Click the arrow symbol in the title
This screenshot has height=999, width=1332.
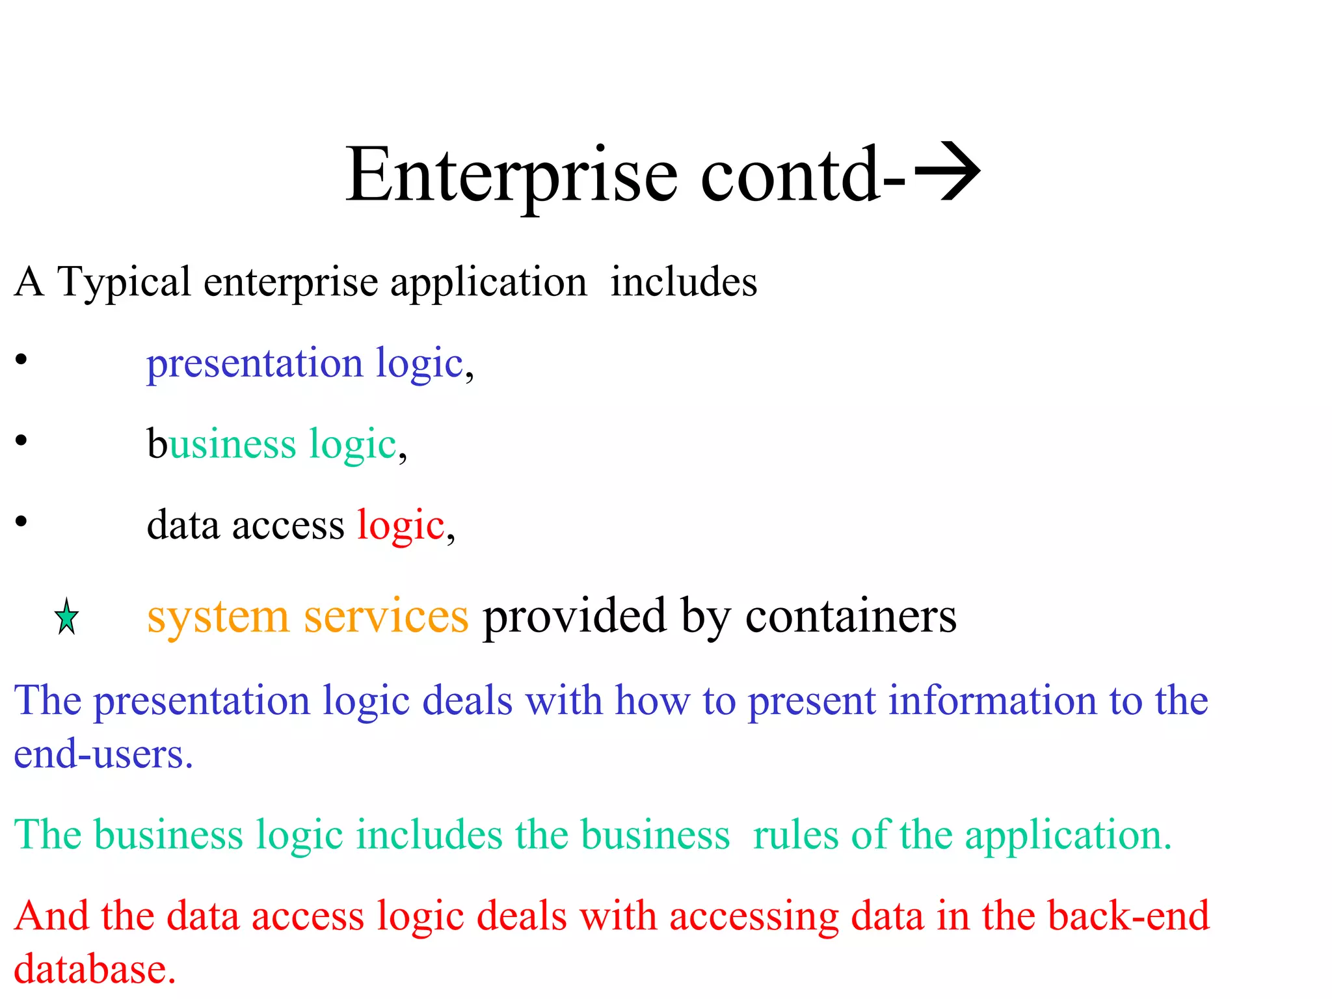click(x=947, y=172)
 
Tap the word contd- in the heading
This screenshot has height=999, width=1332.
click(x=803, y=174)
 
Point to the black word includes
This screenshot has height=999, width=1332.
click(x=684, y=282)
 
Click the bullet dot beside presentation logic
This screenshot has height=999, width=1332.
click(x=21, y=360)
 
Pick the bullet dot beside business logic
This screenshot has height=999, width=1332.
click(x=21, y=440)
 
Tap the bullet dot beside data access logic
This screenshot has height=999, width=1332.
click(x=21, y=521)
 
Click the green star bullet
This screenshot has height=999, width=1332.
click(x=66, y=617)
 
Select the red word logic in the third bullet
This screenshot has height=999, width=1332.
click(x=401, y=526)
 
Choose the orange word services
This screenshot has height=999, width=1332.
click(x=386, y=616)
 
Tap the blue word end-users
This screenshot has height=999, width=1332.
click(x=103, y=754)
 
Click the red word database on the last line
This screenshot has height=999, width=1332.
click(x=95, y=969)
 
